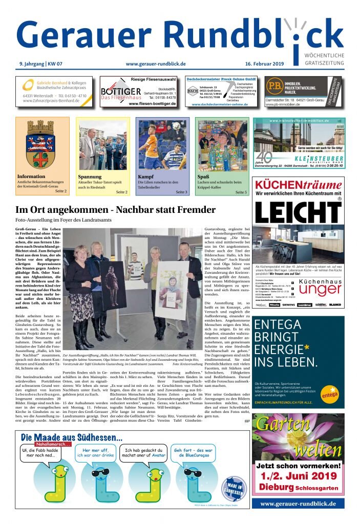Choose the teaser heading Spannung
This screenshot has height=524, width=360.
pos(90,177)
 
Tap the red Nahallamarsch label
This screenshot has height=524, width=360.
pos(54,445)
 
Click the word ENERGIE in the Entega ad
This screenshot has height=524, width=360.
pos(284,349)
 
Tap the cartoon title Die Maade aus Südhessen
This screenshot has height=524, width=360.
pos(72,438)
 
